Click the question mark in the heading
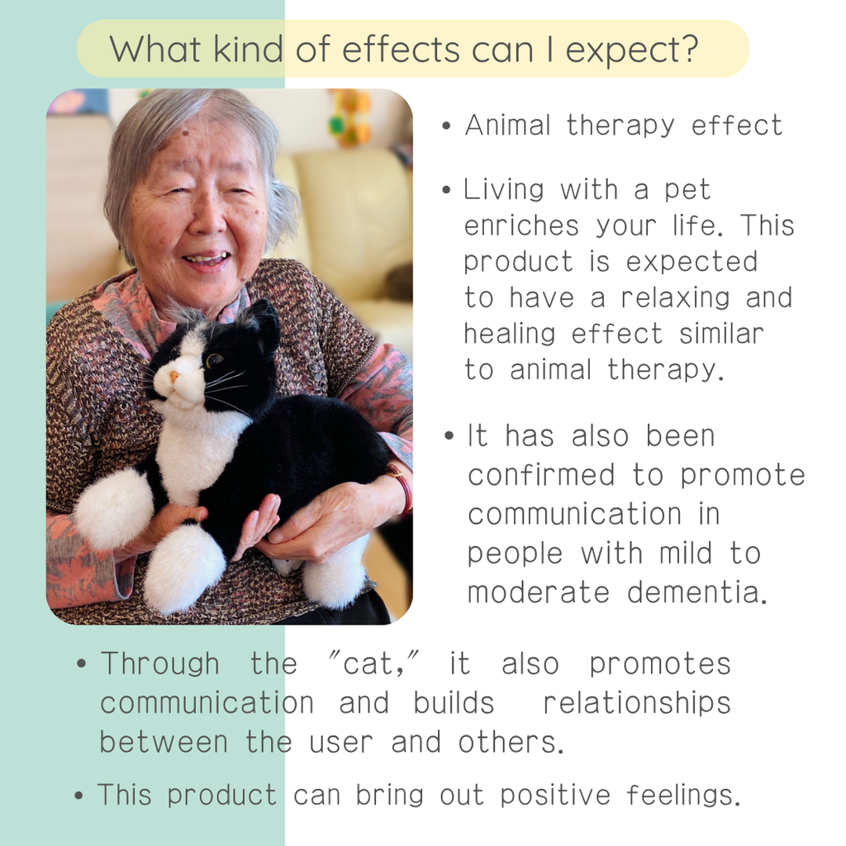(x=687, y=48)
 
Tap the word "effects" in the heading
(x=401, y=49)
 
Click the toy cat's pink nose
(x=173, y=376)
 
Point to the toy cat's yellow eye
(x=214, y=359)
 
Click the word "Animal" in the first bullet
(x=508, y=126)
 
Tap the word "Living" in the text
(x=503, y=191)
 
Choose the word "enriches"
(x=521, y=226)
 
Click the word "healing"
(x=509, y=335)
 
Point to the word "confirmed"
(x=541, y=475)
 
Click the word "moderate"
(x=539, y=592)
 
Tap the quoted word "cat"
(x=368, y=663)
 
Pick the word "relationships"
(x=637, y=702)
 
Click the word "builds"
(x=454, y=702)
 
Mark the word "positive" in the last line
(x=555, y=796)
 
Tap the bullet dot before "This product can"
(x=78, y=796)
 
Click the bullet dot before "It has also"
(x=449, y=436)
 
